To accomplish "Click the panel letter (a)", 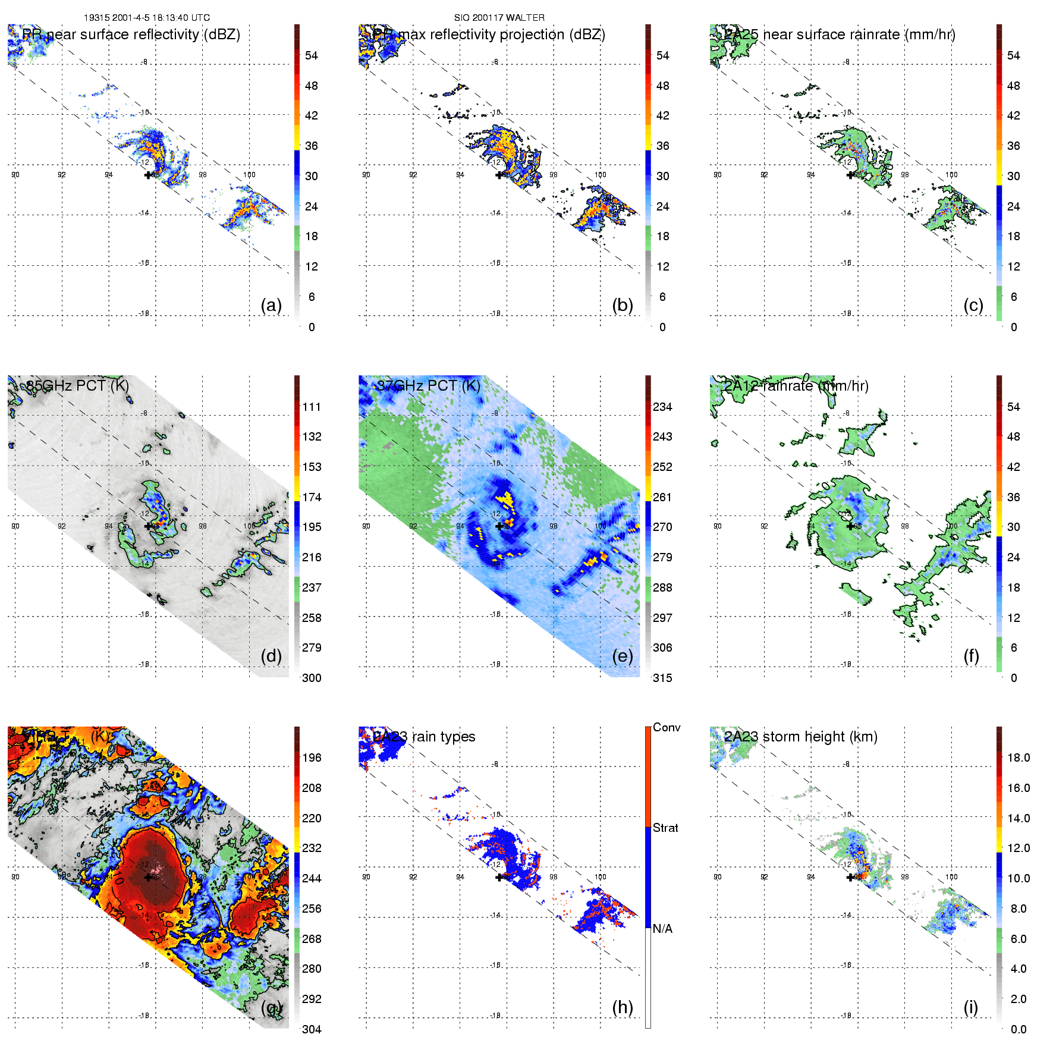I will [x=271, y=306].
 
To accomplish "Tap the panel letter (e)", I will [x=623, y=656].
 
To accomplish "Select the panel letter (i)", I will [x=970, y=1007].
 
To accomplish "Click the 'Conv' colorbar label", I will [x=667, y=727].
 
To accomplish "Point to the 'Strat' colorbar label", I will [x=665, y=828].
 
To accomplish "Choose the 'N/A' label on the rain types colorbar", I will [x=662, y=929].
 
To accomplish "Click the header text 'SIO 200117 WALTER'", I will [x=499, y=18].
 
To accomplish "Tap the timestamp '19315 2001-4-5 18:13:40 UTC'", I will [x=147, y=18].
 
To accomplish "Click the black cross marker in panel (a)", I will [x=148, y=175].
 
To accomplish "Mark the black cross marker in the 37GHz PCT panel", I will [x=499, y=526].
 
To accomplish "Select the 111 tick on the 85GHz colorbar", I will [x=312, y=407].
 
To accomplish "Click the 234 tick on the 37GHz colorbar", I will [x=662, y=407].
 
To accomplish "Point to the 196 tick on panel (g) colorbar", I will [x=312, y=757].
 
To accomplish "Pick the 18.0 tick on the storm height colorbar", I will [x=1019, y=757].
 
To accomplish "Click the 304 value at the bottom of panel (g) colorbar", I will [x=312, y=1029].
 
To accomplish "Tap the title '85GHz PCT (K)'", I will [x=77, y=385].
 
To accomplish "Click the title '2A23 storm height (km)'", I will [x=800, y=737].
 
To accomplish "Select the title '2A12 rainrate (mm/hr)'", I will [x=796, y=386].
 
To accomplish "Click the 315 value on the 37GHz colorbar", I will [x=662, y=678].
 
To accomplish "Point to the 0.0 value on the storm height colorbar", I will [x=1019, y=1029].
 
